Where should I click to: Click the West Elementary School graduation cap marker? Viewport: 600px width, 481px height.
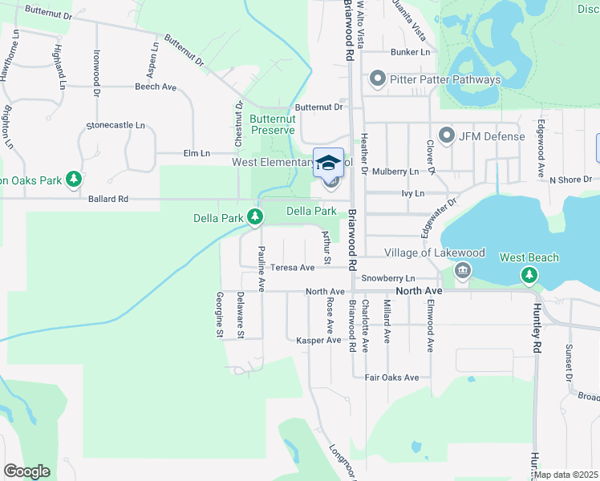[x=329, y=163]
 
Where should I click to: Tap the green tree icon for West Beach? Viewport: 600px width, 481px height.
[x=529, y=276]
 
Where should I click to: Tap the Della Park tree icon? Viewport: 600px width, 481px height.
[x=255, y=217]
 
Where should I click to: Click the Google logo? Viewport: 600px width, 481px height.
[x=26, y=471]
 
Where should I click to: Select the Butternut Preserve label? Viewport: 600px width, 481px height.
[x=273, y=123]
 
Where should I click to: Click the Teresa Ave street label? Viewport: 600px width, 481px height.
[x=292, y=268]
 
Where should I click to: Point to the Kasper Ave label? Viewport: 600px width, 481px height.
[x=318, y=341]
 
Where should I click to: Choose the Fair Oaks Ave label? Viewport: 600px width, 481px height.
[x=391, y=378]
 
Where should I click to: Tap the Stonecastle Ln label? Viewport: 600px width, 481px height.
[x=116, y=126]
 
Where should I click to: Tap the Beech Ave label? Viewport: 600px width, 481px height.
[x=156, y=87]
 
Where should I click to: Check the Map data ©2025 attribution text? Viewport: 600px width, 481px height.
[x=566, y=475]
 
